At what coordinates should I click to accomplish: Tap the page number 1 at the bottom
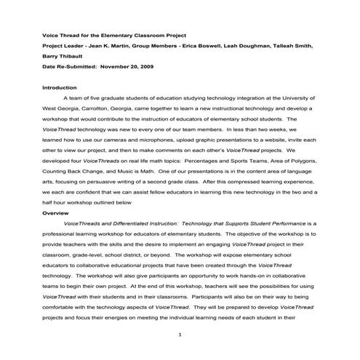tap(179, 335)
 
